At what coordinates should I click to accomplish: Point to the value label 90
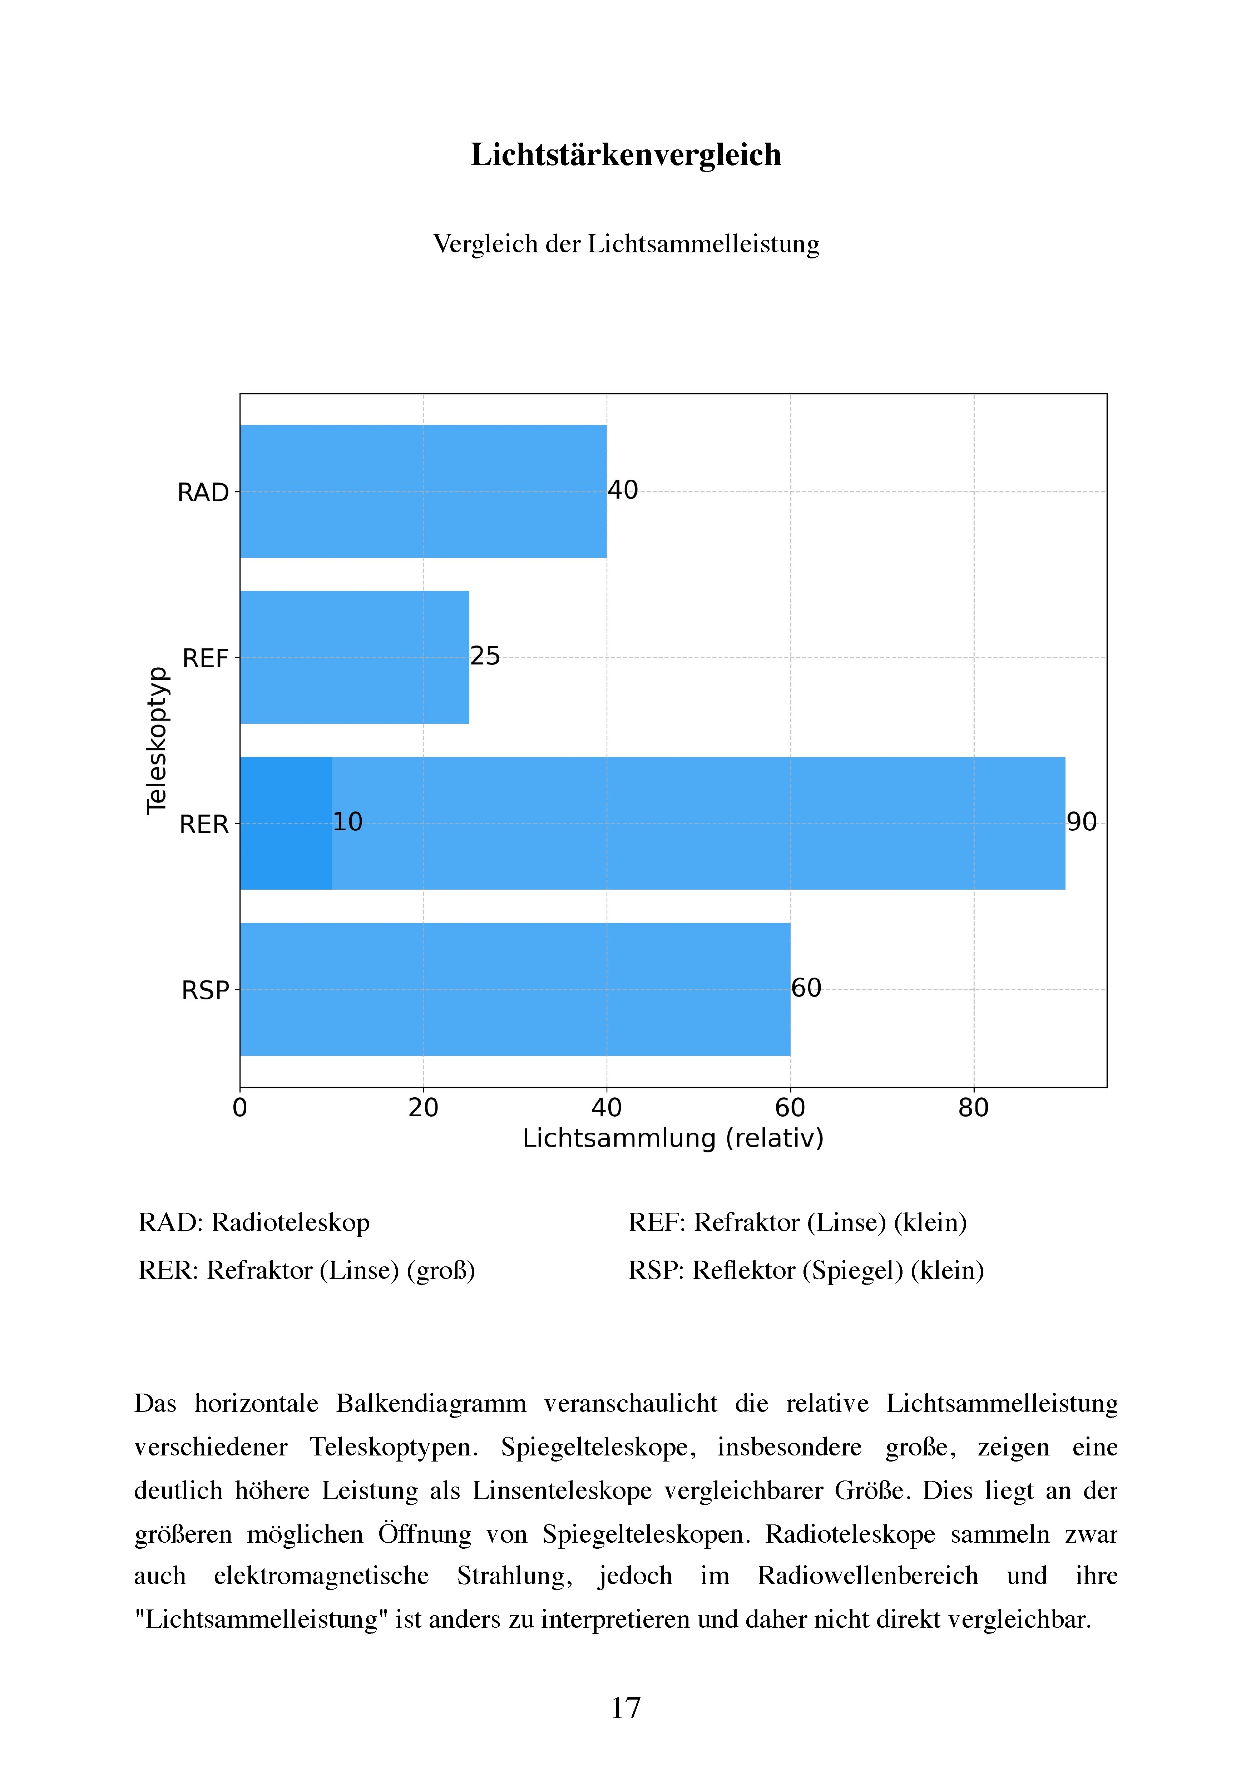point(1082,822)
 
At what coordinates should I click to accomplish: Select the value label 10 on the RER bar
point(348,822)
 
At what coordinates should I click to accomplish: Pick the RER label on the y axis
point(204,825)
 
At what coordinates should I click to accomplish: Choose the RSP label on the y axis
point(206,990)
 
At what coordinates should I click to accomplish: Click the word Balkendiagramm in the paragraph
point(431,1403)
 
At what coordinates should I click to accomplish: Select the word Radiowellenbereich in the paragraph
point(867,1576)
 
